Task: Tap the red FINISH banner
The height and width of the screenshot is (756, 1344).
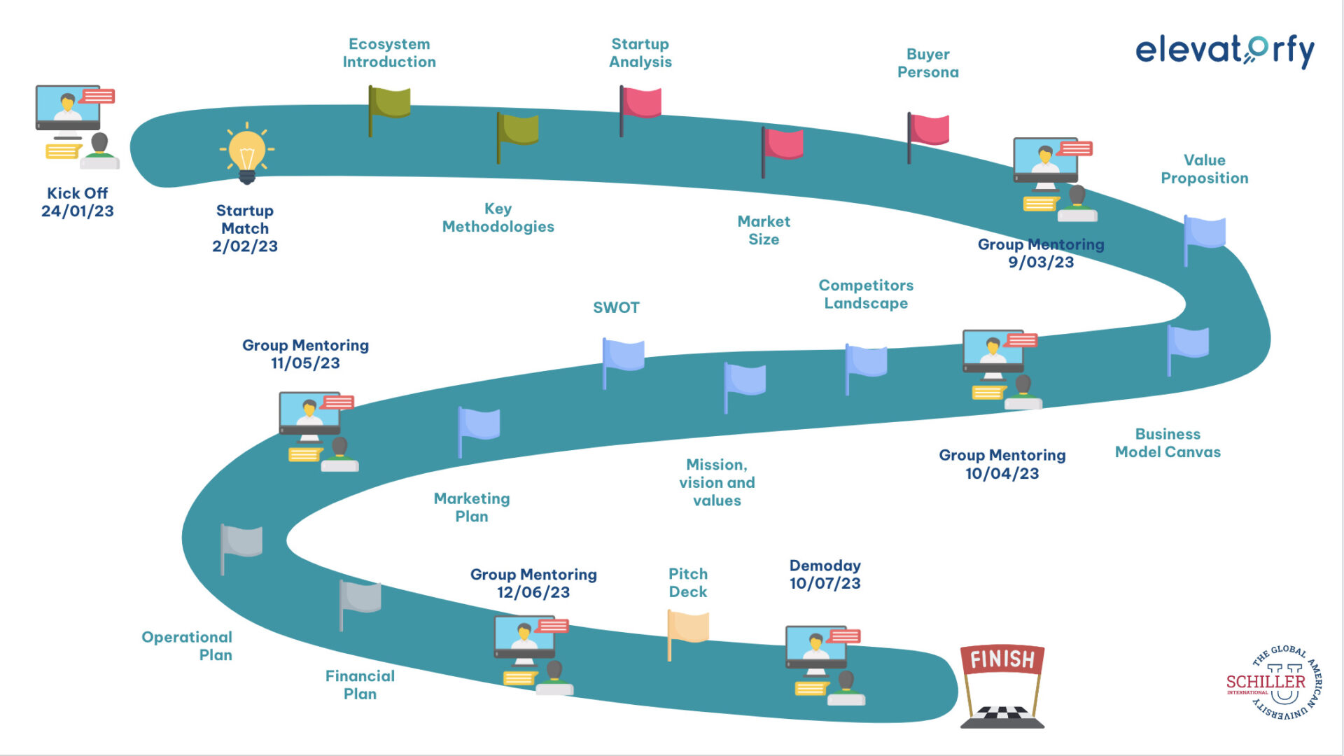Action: tap(1002, 659)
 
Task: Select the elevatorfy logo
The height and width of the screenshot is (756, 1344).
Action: tap(1224, 50)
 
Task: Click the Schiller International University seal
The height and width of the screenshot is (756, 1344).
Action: tap(1274, 682)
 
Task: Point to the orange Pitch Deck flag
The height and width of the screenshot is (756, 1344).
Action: tap(689, 627)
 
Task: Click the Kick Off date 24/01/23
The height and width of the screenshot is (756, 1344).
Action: tap(77, 211)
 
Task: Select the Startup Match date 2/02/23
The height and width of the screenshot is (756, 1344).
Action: tap(245, 246)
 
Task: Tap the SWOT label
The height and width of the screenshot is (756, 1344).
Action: tap(616, 308)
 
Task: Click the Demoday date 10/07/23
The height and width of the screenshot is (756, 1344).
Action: tap(825, 584)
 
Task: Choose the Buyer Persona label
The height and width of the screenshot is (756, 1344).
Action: tap(927, 63)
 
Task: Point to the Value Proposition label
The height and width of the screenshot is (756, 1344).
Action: tap(1204, 169)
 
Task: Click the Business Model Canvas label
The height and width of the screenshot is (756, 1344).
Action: tap(1168, 443)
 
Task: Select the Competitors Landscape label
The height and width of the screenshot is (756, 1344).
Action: tap(866, 294)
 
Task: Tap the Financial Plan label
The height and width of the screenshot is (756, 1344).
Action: tap(360, 685)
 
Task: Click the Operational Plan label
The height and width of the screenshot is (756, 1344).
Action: tap(188, 646)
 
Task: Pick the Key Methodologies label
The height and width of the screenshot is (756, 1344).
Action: tap(498, 218)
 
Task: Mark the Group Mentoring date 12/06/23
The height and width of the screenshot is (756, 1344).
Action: tap(533, 593)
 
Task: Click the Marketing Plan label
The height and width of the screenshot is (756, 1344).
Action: tap(472, 507)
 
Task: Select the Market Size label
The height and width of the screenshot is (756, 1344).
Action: tap(764, 230)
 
